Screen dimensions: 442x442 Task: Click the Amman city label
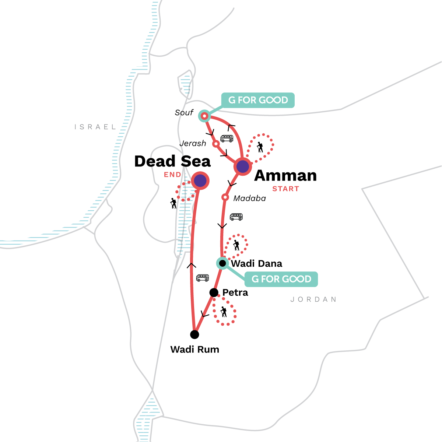coord(285,175)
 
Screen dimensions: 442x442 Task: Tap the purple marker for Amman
coord(242,166)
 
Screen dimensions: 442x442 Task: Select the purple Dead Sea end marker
coord(200,180)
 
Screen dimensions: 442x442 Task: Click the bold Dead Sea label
coord(172,161)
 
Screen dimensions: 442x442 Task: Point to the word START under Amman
coord(285,189)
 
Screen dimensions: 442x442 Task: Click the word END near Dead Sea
coord(172,175)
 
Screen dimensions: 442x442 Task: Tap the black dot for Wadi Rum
coord(194,334)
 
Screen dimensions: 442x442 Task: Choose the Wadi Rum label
coord(194,349)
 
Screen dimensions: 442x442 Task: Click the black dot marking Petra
coord(214,292)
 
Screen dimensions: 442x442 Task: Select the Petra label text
coord(235,292)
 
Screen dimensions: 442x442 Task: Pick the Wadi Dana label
coord(256,264)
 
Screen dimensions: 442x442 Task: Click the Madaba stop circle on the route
coord(225,197)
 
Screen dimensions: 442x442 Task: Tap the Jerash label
coord(193,143)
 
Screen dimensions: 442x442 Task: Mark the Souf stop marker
coord(204,116)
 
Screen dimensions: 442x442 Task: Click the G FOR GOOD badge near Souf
coord(258,100)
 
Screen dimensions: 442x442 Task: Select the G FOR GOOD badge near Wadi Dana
coord(281,279)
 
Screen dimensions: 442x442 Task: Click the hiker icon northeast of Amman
coord(260,147)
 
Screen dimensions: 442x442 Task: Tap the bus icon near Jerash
coord(227,138)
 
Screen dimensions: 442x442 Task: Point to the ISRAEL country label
coord(95,127)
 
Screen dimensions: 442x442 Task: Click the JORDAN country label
coord(313,299)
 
